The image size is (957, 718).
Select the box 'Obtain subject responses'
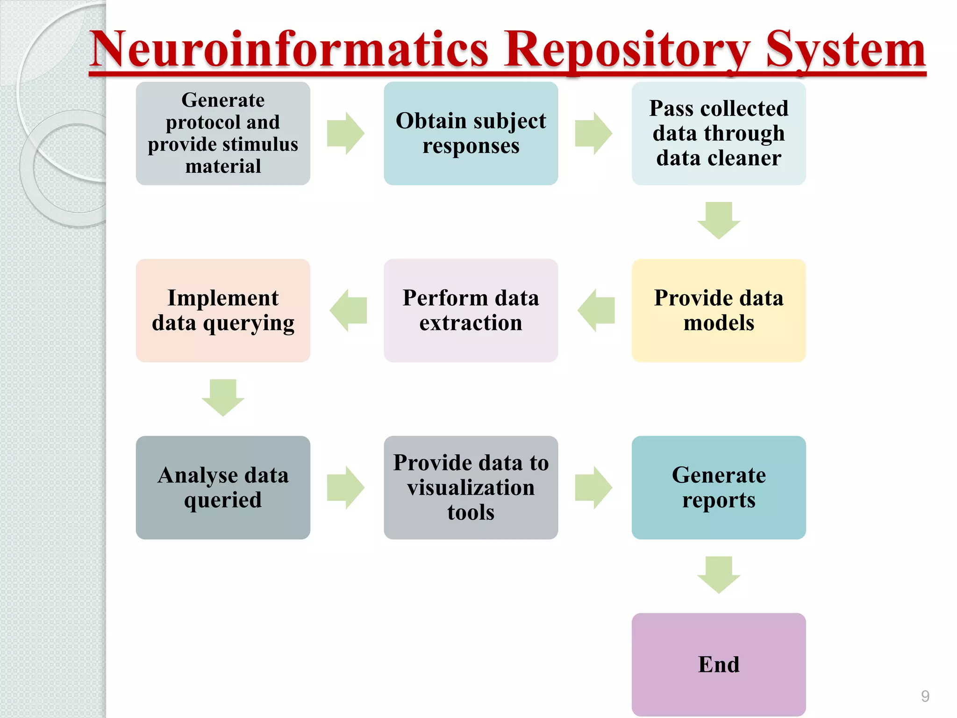click(471, 134)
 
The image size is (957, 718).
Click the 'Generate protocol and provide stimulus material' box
click(223, 134)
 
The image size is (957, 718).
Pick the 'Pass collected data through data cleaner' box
click(718, 134)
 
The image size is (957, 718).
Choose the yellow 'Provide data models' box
click(718, 310)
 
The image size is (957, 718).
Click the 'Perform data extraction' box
click(471, 310)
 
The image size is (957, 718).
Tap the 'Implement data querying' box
click(223, 310)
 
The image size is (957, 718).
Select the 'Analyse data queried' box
click(223, 488)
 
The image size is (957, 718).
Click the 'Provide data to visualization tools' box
click(471, 488)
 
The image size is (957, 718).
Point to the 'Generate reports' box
click(718, 488)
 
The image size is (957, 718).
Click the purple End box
click(718, 664)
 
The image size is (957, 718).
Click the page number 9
click(925, 696)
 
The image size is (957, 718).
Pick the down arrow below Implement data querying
click(223, 397)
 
